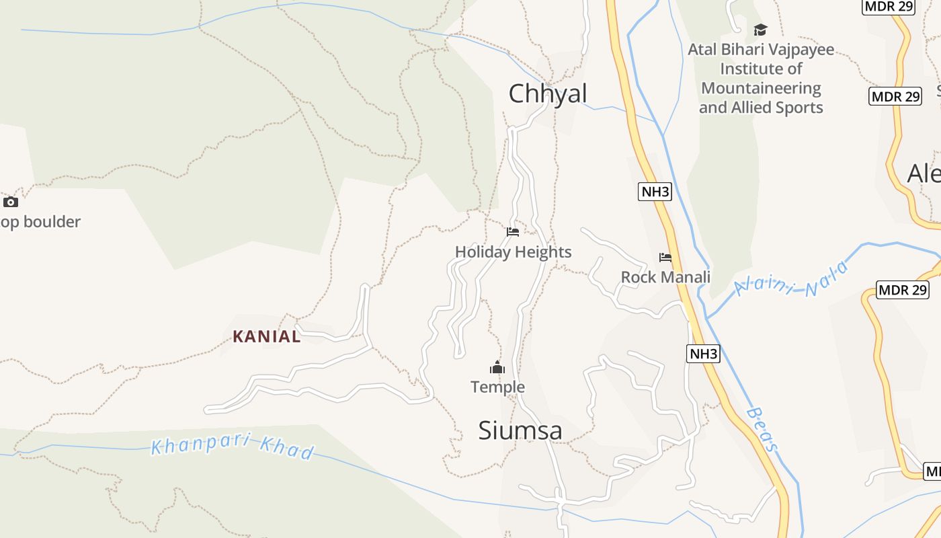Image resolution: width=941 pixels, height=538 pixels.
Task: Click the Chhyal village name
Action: click(548, 93)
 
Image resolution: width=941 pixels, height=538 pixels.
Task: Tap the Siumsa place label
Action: click(520, 430)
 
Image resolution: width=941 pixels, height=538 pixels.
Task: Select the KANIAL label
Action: click(267, 336)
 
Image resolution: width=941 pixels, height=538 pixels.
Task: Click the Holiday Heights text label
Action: click(514, 252)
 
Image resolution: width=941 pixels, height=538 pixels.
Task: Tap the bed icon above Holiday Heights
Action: click(513, 232)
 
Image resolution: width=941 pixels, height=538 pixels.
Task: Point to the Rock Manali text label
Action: click(665, 277)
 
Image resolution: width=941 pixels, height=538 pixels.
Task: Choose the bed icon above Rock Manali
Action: click(665, 258)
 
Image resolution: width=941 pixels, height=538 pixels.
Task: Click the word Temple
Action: click(497, 387)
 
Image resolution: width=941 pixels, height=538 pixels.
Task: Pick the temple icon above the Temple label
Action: click(497, 367)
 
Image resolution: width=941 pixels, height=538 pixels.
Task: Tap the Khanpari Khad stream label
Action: click(233, 447)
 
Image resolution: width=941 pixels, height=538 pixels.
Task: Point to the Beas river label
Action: click(764, 429)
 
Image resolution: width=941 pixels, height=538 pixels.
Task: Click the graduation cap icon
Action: click(760, 30)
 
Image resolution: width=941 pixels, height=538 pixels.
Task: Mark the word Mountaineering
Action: click(761, 88)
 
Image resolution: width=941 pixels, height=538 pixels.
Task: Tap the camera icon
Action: click(11, 202)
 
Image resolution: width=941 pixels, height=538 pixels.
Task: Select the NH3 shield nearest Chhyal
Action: click(655, 192)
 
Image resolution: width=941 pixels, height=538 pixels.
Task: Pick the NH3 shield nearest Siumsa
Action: click(703, 354)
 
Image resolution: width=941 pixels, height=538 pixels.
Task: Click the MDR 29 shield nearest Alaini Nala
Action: click(903, 291)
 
